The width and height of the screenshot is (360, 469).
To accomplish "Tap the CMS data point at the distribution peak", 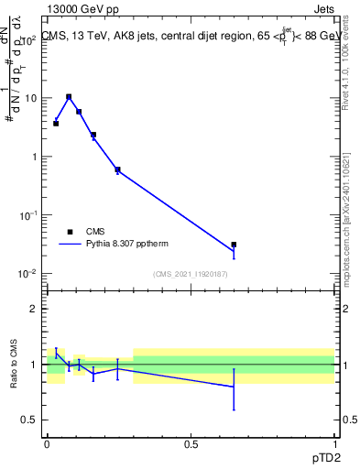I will tap(69, 96).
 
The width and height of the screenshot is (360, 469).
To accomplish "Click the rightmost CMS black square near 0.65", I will tap(234, 245).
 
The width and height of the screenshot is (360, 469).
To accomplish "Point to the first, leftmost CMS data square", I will tap(56, 123).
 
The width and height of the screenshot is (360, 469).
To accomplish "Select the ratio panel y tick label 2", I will tap(34, 309).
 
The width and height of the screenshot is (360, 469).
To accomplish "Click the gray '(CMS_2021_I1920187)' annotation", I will tap(191, 273).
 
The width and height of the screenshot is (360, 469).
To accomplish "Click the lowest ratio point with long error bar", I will tap(234, 387).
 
